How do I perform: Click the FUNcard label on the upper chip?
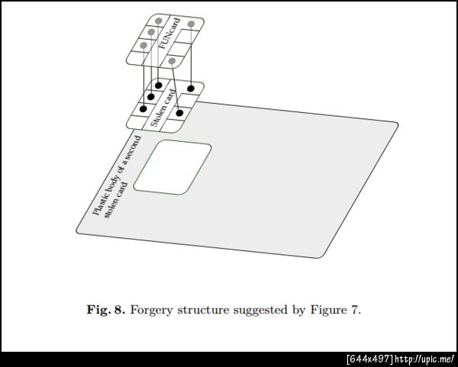[x=169, y=33]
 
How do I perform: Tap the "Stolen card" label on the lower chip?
[x=163, y=108]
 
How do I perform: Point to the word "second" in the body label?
[x=134, y=146]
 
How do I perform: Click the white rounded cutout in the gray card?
[x=173, y=167]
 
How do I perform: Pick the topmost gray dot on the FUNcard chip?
[x=159, y=21]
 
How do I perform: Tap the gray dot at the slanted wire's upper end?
[x=173, y=61]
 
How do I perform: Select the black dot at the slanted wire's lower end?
[x=179, y=113]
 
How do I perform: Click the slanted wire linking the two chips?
[x=176, y=87]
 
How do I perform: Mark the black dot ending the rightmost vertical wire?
[x=191, y=89]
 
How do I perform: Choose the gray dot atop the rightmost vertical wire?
[x=191, y=24]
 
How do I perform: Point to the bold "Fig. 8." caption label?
[x=106, y=310]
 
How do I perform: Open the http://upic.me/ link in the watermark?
[x=424, y=359]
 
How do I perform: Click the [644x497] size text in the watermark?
[x=370, y=359]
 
